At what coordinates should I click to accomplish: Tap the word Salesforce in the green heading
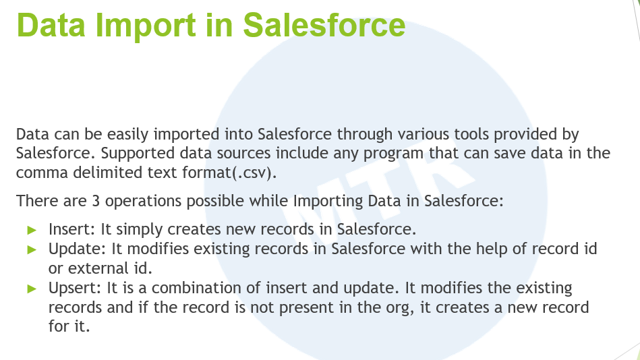(324, 26)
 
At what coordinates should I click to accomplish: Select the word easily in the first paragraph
(127, 135)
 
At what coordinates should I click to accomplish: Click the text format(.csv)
(229, 173)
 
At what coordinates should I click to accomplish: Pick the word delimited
(108, 173)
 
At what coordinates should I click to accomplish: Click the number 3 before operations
(96, 201)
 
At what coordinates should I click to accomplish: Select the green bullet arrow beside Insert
(32, 230)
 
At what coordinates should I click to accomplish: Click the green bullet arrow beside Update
(32, 250)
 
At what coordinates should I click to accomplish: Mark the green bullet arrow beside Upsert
(32, 289)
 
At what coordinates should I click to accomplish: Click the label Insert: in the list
(72, 229)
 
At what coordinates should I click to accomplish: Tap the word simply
(139, 230)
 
